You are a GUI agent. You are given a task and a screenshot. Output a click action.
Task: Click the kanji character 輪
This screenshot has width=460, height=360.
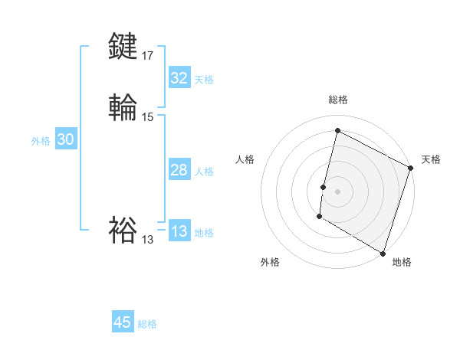(x=123, y=107)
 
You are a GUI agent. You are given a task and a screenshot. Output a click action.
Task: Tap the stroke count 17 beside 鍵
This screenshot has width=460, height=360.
(x=148, y=56)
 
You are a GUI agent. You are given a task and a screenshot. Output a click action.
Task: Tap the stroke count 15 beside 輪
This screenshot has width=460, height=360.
(x=148, y=117)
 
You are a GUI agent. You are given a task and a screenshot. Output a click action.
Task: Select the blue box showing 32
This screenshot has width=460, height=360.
(x=179, y=78)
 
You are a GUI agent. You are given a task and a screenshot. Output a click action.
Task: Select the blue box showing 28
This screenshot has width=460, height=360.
(x=179, y=170)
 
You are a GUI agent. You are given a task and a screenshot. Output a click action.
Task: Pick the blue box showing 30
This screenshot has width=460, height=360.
(x=65, y=139)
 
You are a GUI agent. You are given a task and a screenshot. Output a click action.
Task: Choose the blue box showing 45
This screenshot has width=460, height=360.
(x=123, y=322)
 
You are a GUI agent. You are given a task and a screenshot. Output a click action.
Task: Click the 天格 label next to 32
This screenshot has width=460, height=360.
(x=204, y=80)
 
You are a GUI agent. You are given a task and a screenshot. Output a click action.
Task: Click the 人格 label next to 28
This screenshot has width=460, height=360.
(x=204, y=172)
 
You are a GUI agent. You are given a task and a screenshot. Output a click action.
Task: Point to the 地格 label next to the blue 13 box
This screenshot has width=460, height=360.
(x=204, y=233)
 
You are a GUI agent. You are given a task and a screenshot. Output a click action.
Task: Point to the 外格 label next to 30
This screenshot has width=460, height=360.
(x=41, y=141)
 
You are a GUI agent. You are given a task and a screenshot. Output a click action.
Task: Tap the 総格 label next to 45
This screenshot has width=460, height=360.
(x=147, y=324)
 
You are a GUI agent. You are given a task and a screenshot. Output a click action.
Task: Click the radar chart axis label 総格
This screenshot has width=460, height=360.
(x=338, y=100)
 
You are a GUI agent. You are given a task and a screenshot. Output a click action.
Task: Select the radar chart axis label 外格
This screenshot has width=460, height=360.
(x=270, y=262)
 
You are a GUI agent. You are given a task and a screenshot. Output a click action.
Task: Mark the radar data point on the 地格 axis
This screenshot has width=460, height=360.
(x=382, y=252)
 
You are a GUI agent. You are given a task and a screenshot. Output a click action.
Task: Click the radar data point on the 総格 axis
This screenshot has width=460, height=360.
(x=337, y=131)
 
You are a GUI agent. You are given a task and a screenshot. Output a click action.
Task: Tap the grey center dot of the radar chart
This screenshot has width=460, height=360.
(x=338, y=191)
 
